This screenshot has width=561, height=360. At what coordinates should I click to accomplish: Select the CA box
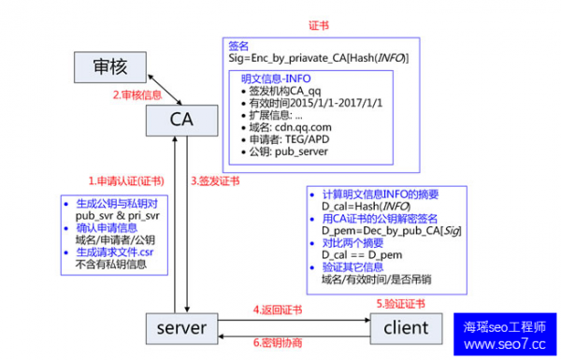(182, 120)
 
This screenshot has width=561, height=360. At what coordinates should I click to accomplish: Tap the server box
(182, 327)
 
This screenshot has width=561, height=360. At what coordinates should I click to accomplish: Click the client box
(404, 327)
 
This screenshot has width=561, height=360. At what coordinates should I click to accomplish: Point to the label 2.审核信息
(138, 94)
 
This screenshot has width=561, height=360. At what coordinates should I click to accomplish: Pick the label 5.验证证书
(401, 304)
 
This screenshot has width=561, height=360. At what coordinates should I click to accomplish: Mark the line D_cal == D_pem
(354, 254)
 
